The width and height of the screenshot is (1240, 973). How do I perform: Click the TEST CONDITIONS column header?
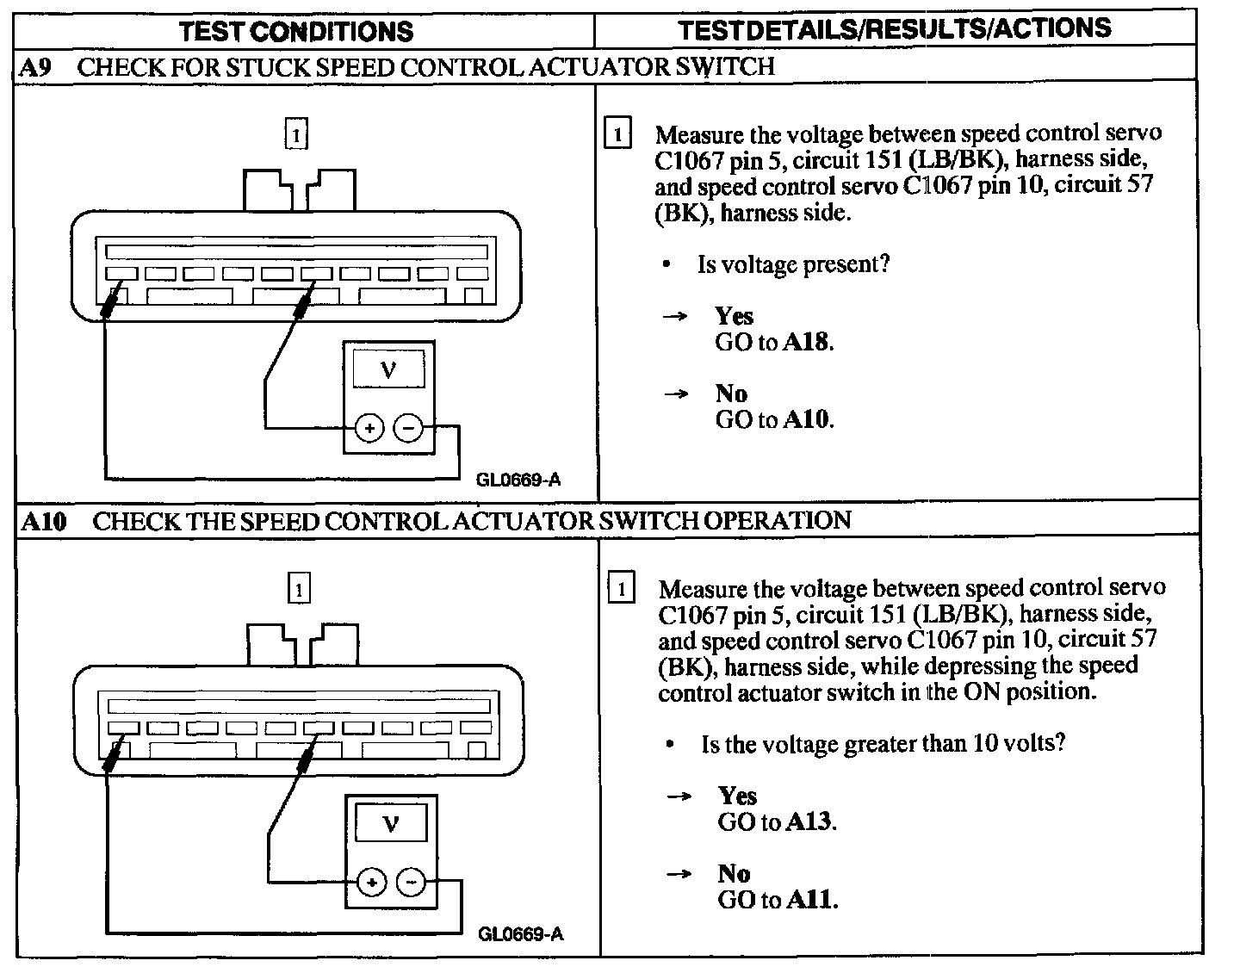coord(296,32)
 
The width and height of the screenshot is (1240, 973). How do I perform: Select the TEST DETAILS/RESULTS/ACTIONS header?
coord(894,29)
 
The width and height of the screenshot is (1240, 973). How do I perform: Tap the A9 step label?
coord(35,68)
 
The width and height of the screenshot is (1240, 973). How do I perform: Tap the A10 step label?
coord(42,522)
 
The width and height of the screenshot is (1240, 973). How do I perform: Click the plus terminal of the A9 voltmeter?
coord(369,427)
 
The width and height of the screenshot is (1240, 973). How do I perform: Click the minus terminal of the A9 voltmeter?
coord(408,427)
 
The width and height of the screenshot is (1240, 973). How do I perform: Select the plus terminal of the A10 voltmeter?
coord(371,883)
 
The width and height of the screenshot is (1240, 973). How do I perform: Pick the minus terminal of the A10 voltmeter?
coord(411,883)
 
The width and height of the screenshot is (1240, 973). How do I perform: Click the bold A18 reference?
coord(807,343)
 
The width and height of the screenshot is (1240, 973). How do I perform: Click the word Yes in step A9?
coord(734,316)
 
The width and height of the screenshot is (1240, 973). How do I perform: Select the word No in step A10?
coord(734,874)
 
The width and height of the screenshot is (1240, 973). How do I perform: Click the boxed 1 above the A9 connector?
coord(295,135)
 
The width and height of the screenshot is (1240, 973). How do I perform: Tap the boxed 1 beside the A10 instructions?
coord(621,590)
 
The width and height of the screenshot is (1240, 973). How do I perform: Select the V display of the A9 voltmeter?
coord(387,371)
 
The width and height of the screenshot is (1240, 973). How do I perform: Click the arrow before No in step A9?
coord(676,394)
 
